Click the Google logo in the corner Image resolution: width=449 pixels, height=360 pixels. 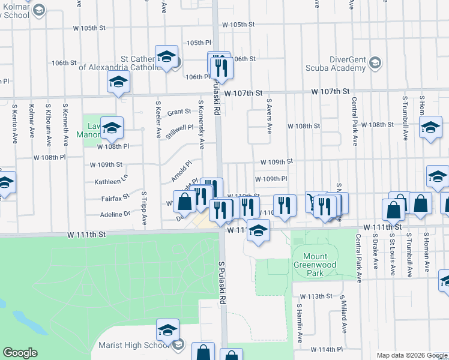20,353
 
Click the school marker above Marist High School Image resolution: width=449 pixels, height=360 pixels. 167,330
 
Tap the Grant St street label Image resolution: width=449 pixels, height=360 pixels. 179,112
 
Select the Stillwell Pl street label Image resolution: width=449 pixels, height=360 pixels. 179,128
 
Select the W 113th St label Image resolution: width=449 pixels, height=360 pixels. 316,296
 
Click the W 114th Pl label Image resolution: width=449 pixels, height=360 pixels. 327,349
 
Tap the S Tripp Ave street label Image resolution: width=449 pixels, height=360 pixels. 144,209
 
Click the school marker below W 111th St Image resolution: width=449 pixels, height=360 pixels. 258,231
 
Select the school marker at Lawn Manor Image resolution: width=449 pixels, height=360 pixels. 112,128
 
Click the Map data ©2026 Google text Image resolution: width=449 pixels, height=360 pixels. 411,355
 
